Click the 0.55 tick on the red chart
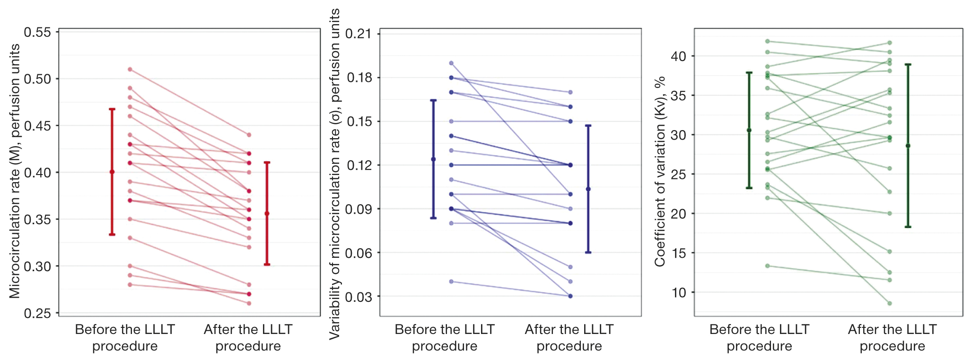[x=37, y=32]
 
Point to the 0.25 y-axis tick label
[x=37, y=313]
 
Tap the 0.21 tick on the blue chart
[x=358, y=34]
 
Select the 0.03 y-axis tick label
[x=358, y=297]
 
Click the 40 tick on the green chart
[x=678, y=56]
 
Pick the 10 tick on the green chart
[x=678, y=293]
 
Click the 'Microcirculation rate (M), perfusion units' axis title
[x=15, y=171]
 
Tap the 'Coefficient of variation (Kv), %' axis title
[x=660, y=171]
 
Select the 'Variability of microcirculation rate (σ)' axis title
[x=334, y=174]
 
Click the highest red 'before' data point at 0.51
[x=130, y=70]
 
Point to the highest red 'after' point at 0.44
[x=249, y=135]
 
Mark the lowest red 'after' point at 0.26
[x=249, y=303]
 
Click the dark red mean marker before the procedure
[x=112, y=172]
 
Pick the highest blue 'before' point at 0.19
[x=451, y=63]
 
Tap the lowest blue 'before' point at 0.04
[x=451, y=281]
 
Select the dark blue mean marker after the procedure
[x=588, y=189]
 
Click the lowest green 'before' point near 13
[x=767, y=266]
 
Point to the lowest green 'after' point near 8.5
[x=890, y=303]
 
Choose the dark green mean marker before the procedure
[x=749, y=130]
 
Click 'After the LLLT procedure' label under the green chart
[x=892, y=337]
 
